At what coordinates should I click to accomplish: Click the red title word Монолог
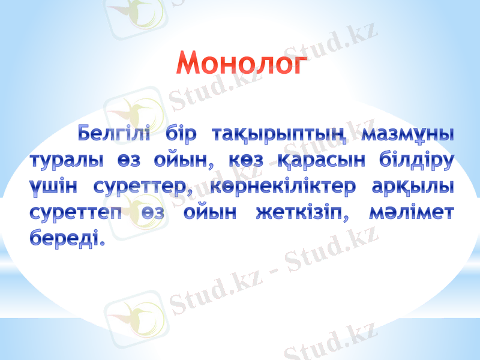click(x=241, y=63)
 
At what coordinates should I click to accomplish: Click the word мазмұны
click(x=409, y=134)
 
